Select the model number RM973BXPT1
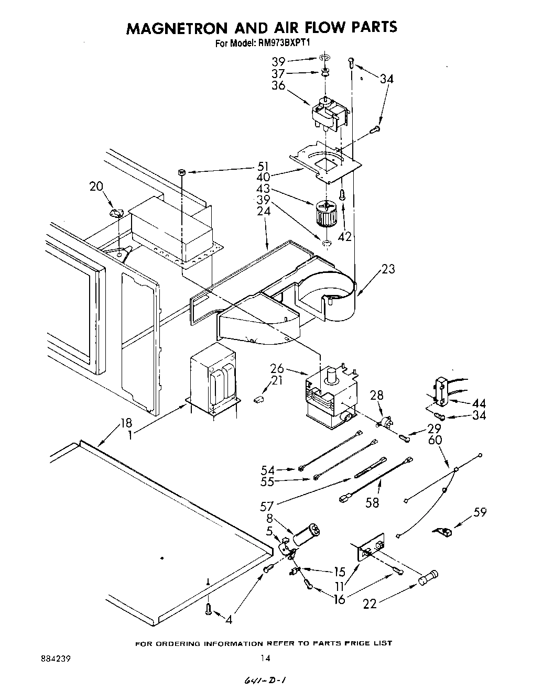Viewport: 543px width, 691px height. [x=286, y=44]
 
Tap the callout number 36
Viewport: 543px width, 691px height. [x=278, y=85]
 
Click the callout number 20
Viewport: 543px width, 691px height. [x=96, y=186]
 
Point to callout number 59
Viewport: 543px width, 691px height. [x=480, y=512]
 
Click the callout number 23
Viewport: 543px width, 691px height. [x=388, y=269]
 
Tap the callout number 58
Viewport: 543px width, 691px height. [x=372, y=503]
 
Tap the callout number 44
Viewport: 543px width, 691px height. [x=479, y=403]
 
